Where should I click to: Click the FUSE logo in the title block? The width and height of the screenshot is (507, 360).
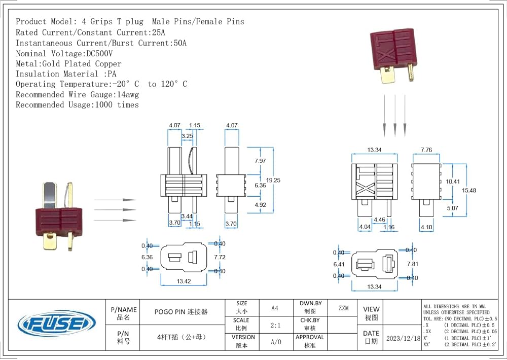click(56, 323)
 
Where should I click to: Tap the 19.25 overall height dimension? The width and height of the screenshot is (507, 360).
click(273, 179)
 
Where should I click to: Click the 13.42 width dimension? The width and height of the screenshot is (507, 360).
click(184, 281)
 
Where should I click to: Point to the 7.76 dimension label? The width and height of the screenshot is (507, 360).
click(426, 150)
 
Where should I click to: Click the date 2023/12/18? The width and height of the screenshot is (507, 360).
click(403, 338)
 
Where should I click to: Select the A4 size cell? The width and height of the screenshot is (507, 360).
click(275, 308)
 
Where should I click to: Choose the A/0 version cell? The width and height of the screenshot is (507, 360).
click(275, 342)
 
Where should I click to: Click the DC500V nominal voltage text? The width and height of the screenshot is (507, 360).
click(97, 53)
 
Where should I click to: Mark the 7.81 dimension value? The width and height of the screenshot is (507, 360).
click(413, 264)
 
